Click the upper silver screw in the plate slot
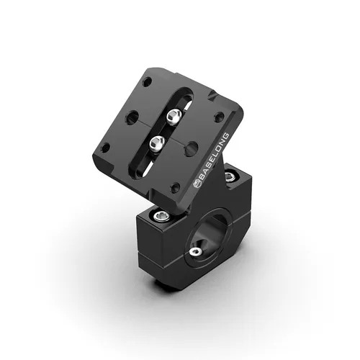(173, 115)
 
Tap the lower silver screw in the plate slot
(157, 143)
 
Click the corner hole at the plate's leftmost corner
(105, 147)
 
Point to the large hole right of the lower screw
(192, 148)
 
